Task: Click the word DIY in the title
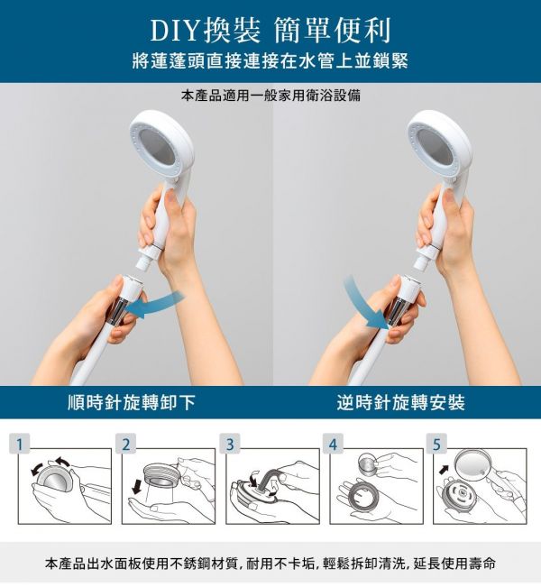pos(174,31)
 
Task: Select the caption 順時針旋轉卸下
pos(132,402)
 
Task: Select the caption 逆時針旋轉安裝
pos(401,402)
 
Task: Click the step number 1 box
pos(20,444)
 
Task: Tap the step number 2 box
pos(126,444)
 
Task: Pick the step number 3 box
pos(230,444)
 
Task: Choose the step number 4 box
pos(334,444)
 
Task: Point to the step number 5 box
pos(436,444)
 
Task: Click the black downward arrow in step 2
pos(137,487)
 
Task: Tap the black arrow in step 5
pos(444,469)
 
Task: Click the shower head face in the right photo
pos(435,145)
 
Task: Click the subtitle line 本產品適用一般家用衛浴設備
pos(270,96)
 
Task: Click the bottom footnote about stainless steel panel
pos(270,564)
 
